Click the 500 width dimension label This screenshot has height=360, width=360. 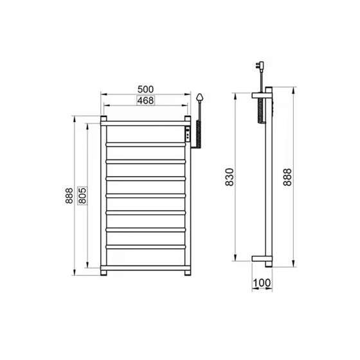point(147,89)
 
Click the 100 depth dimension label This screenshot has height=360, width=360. point(262,281)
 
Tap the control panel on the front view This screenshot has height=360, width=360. point(186,136)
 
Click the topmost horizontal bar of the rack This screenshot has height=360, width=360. point(147,126)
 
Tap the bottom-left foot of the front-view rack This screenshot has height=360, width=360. point(103,273)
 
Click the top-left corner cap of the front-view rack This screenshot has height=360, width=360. point(103,119)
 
